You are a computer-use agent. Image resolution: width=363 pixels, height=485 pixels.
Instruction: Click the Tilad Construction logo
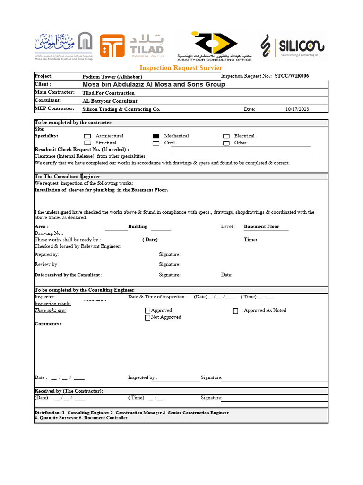131,46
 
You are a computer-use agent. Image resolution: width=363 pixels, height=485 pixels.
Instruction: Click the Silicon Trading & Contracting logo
292,46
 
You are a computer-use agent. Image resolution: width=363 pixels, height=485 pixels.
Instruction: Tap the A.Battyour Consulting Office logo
214,46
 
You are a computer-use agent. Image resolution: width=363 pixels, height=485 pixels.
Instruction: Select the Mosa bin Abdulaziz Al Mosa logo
63,46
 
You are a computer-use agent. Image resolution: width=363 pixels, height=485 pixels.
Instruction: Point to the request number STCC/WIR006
292,76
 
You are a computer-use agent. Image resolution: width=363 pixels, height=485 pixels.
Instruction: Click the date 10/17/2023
297,109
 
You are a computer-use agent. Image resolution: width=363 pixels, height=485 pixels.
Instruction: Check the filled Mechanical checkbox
156,136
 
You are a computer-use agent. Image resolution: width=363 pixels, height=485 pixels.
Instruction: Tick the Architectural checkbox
87,136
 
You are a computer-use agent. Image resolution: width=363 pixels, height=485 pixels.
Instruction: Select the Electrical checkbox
226,136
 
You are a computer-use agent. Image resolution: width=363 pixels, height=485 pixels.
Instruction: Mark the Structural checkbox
87,143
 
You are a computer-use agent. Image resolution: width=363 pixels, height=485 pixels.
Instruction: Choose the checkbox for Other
226,143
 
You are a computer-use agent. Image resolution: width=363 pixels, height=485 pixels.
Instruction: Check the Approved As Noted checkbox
235,311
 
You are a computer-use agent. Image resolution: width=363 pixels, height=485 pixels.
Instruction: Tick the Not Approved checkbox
147,318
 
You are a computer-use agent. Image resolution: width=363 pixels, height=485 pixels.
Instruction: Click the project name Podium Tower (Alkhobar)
112,77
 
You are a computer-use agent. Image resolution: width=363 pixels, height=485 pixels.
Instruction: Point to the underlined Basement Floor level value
261,226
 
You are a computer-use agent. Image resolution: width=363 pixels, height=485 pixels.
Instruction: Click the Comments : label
48,324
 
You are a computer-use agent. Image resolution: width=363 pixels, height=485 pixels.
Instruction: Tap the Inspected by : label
143,377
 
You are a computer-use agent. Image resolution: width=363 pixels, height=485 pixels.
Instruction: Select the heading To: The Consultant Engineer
67,176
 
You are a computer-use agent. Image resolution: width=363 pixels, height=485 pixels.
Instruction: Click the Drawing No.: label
49,233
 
